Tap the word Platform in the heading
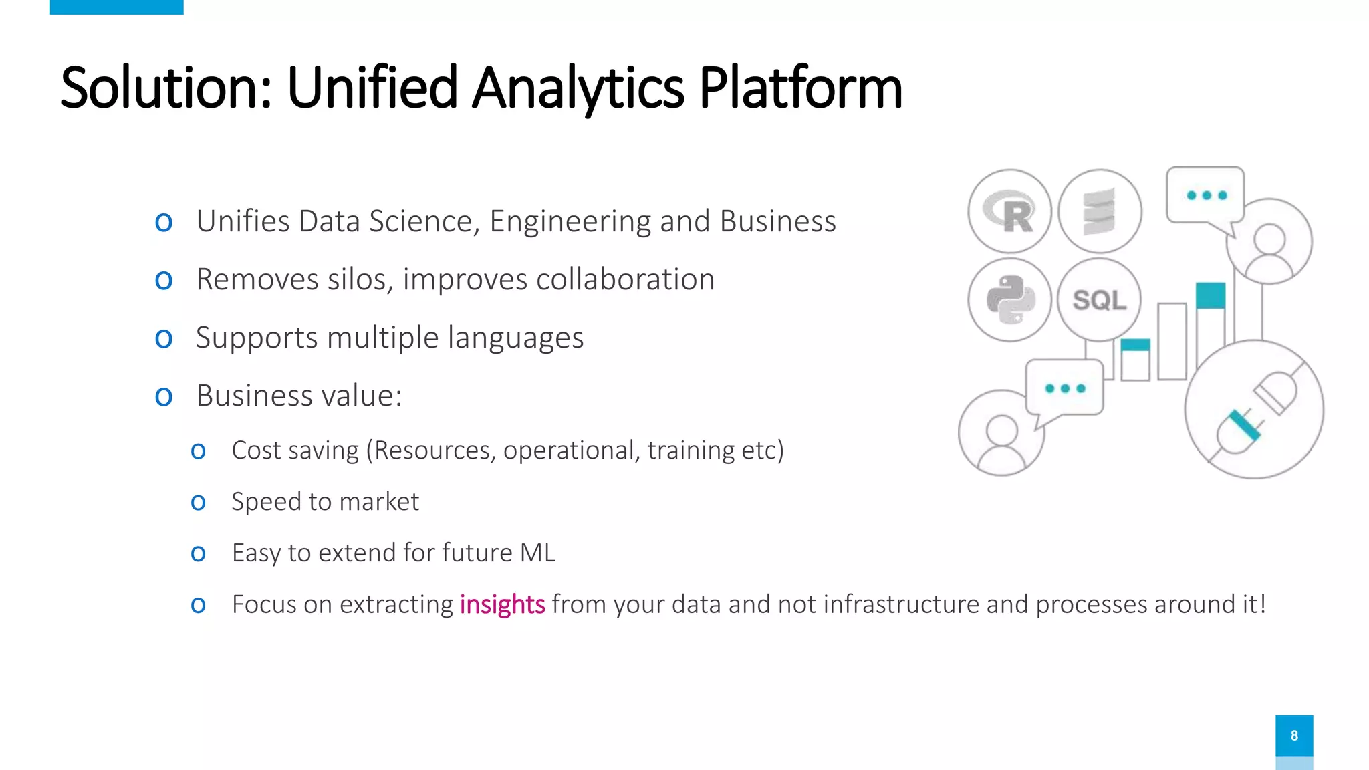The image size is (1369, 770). coord(800,88)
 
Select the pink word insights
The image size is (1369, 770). coord(502,604)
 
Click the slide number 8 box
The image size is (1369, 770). coord(1293,735)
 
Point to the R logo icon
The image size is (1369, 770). coord(1009,212)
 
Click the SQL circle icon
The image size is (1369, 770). coord(1100,300)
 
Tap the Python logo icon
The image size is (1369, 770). coord(1009,300)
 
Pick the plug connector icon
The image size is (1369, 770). coord(1254,410)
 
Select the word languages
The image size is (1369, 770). coord(515,338)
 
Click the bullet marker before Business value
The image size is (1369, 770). coord(164,396)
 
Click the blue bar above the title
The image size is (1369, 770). coord(116,7)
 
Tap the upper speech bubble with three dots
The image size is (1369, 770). coord(1205,195)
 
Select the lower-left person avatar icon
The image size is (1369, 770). coord(1001,434)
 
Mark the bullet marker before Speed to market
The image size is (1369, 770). coord(198,502)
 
